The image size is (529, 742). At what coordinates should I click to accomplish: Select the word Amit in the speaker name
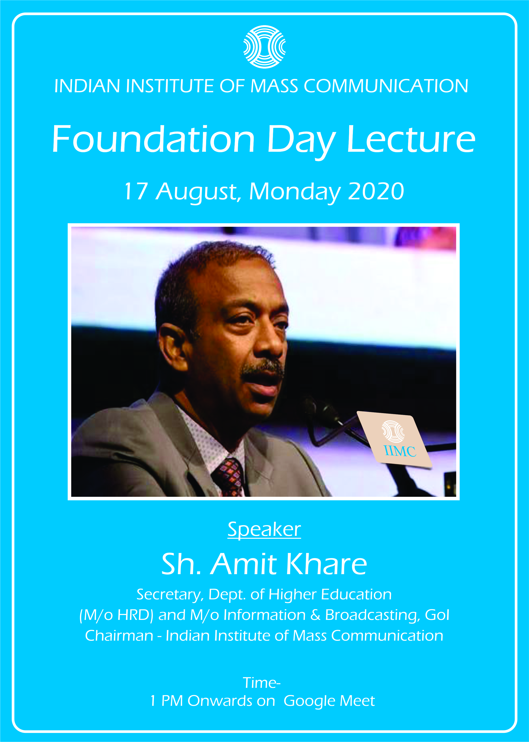click(x=243, y=564)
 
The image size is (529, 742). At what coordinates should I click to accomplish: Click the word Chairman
click(x=119, y=636)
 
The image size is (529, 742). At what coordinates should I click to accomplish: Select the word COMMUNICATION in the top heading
click(x=386, y=86)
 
